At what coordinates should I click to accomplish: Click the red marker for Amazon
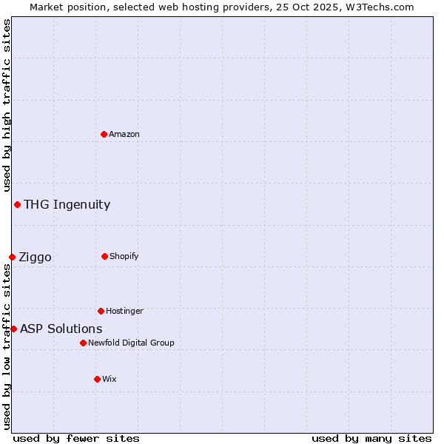click(104, 134)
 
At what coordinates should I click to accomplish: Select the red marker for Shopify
click(104, 256)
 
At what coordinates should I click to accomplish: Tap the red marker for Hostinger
click(101, 311)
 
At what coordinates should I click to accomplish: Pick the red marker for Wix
click(97, 379)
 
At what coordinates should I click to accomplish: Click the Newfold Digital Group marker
click(83, 343)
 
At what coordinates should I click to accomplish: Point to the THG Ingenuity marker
click(17, 204)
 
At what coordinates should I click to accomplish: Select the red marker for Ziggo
click(12, 257)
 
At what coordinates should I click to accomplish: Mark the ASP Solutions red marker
click(13, 329)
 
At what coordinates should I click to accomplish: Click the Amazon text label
click(124, 134)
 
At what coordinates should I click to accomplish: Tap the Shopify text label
click(124, 256)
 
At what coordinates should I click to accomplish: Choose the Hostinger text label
click(124, 311)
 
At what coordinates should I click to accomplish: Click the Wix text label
click(110, 379)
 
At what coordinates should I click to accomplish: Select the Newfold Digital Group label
click(131, 343)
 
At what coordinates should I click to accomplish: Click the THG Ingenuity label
click(67, 205)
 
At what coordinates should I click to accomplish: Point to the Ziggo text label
click(35, 258)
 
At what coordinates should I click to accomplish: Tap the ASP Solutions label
click(61, 329)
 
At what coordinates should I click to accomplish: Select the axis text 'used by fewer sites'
click(76, 438)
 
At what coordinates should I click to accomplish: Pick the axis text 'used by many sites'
click(371, 438)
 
